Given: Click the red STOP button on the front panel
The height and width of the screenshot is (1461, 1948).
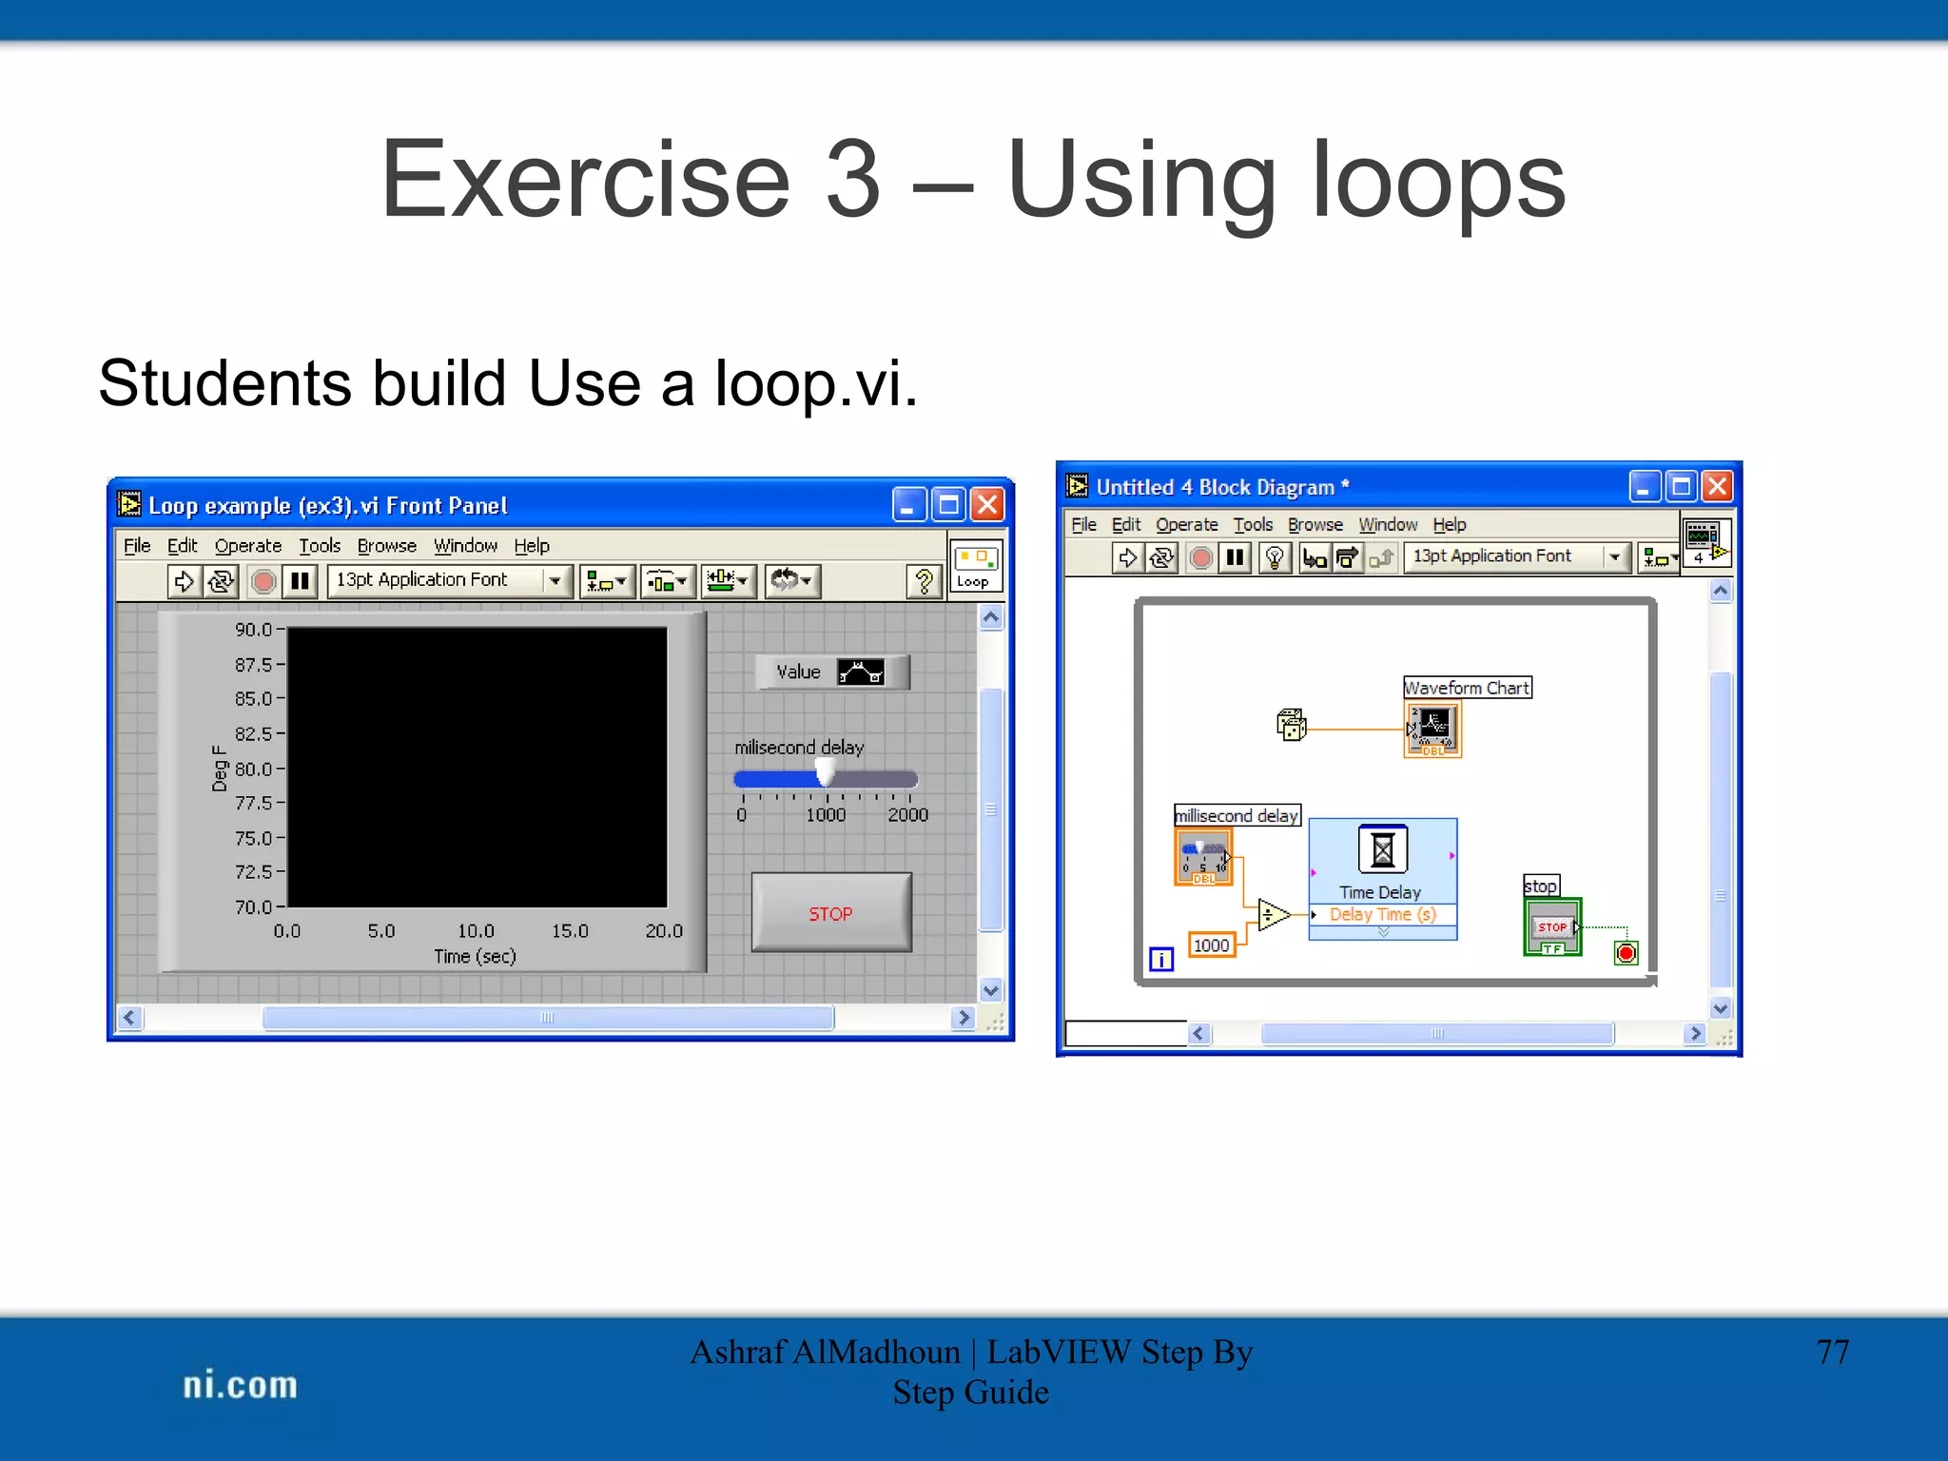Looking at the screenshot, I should pyautogui.click(x=830, y=913).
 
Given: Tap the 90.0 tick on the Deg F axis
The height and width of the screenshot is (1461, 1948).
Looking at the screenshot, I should pyautogui.click(x=254, y=630).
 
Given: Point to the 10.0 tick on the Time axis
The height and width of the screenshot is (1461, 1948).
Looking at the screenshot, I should pyautogui.click(x=476, y=931).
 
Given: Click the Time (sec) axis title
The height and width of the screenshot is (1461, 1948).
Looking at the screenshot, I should pyautogui.click(x=475, y=957).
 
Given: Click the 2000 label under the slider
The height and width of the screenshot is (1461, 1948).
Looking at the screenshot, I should pyautogui.click(x=907, y=815).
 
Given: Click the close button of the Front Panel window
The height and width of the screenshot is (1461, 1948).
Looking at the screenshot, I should pyautogui.click(x=988, y=505).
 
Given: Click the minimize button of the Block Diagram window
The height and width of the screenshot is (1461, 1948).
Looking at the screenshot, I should pyautogui.click(x=1644, y=487).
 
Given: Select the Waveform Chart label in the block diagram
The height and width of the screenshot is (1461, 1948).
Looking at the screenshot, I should pyautogui.click(x=1467, y=688).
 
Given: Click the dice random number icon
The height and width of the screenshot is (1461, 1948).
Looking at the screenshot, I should pyautogui.click(x=1291, y=726).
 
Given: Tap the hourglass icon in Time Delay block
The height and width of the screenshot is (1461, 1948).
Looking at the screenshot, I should pyautogui.click(x=1382, y=848).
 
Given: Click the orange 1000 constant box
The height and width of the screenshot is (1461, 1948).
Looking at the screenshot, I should pyautogui.click(x=1211, y=945).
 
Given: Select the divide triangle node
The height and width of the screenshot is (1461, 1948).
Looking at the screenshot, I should pyautogui.click(x=1272, y=915).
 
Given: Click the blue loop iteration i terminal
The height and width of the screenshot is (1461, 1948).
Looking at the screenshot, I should pyautogui.click(x=1161, y=960).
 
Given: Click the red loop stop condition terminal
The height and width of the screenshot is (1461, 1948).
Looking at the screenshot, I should pyautogui.click(x=1626, y=953).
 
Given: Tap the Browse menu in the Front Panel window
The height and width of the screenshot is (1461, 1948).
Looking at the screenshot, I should pyautogui.click(x=386, y=546).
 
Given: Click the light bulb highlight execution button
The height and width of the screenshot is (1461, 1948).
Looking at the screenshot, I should pyautogui.click(x=1275, y=557).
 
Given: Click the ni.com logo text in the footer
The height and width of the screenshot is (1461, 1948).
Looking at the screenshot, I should pyautogui.click(x=240, y=1386).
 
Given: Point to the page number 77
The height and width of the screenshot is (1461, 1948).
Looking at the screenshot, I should pyautogui.click(x=1832, y=1352).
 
